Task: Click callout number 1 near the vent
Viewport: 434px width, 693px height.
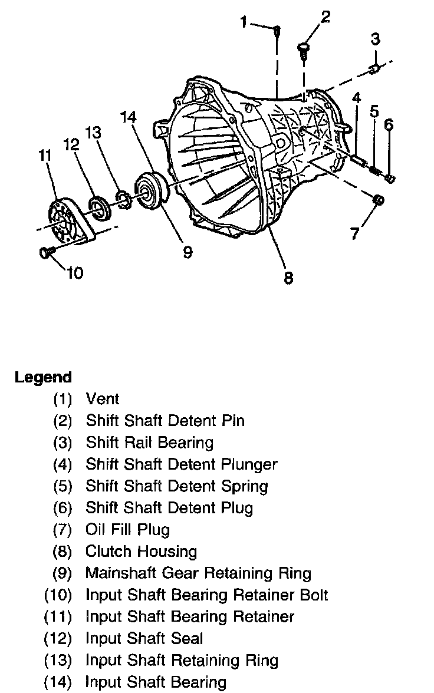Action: tap(244, 22)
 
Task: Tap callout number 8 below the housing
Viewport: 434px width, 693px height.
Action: tap(288, 277)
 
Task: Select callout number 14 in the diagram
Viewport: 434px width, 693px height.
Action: tap(129, 117)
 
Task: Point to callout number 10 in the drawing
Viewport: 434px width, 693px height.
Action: tap(75, 272)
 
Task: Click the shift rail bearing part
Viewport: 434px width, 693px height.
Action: tap(373, 70)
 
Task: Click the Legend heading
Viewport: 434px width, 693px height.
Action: tap(43, 377)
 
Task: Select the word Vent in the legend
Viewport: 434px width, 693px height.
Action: tap(103, 399)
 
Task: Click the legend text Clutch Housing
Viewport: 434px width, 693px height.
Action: tap(141, 552)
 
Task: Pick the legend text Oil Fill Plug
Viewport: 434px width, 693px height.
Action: tap(127, 530)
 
